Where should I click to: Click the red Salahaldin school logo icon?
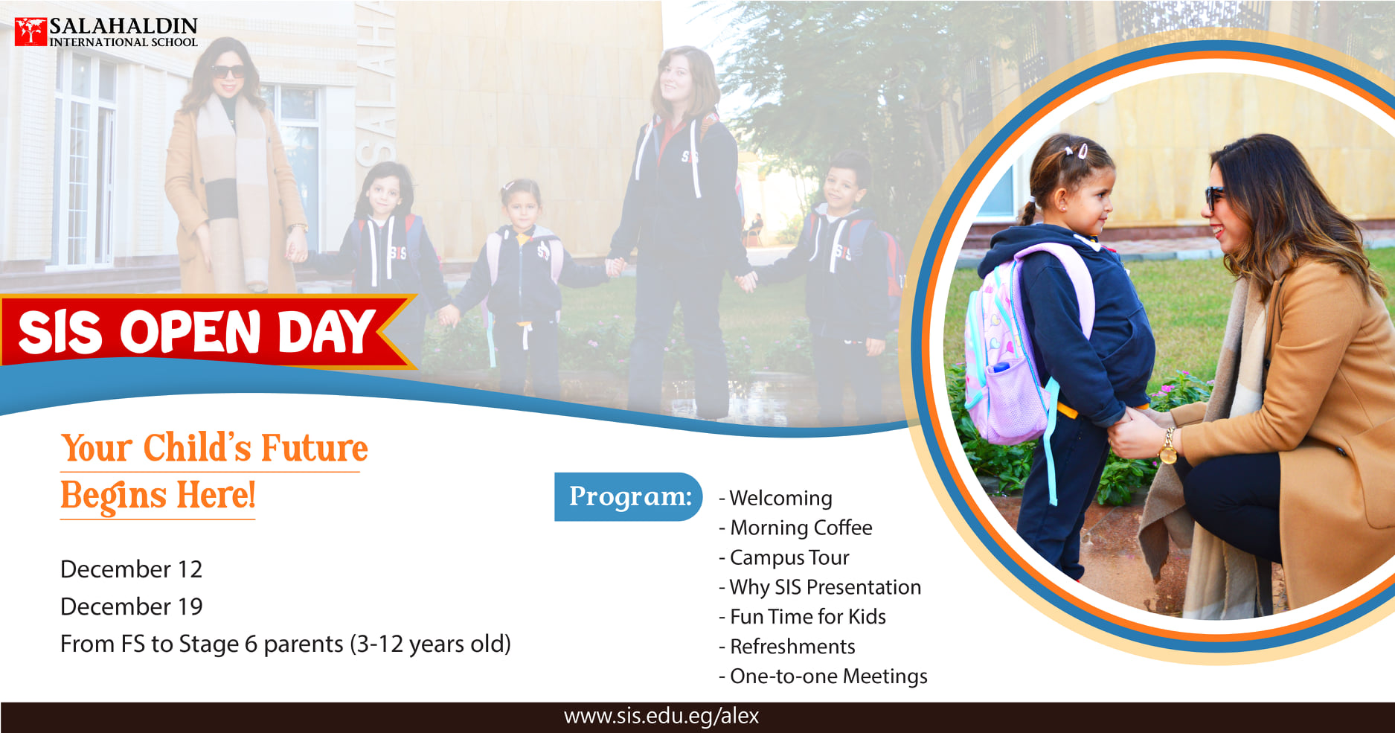[x=31, y=32]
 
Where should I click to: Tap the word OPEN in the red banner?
[x=190, y=332]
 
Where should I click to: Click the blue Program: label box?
[x=629, y=496]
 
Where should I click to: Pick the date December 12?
[x=131, y=569]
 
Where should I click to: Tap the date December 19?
[x=131, y=606]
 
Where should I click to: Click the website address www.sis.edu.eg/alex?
[x=661, y=717]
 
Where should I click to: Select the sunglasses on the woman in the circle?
[x=1214, y=196]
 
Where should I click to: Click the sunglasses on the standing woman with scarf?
[x=228, y=71]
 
